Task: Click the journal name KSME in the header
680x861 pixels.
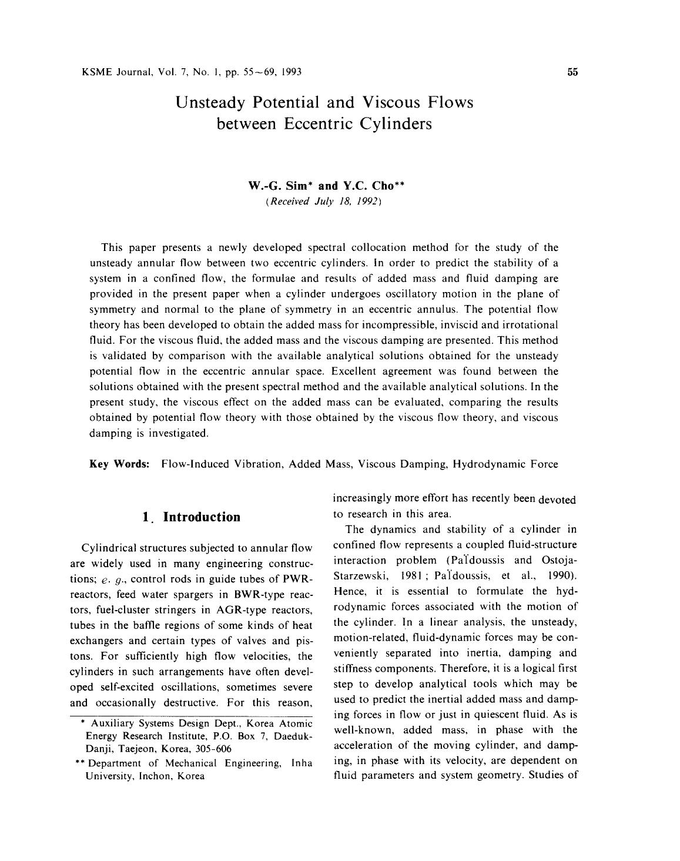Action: [95, 72]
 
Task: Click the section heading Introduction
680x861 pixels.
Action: [202, 517]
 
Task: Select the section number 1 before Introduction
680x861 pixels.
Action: [145, 517]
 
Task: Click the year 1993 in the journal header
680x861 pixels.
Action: [292, 72]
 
